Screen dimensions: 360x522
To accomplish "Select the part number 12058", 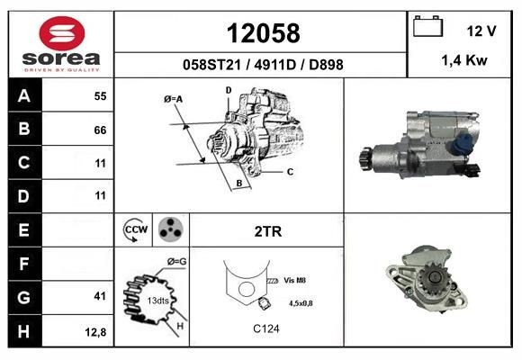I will [262, 33].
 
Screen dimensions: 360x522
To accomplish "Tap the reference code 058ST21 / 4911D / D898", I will [262, 65].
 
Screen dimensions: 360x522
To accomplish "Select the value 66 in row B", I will [100, 130].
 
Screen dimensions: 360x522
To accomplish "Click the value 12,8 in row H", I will [96, 332].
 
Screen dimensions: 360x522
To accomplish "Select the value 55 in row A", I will [100, 95].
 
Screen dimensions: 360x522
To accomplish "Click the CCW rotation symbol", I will [135, 229].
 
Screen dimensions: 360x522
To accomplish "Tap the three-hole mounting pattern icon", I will [168, 229].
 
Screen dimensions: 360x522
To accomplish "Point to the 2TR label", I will [268, 231].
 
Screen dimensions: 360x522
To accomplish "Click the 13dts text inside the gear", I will [158, 300].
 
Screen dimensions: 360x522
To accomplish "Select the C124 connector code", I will [265, 329].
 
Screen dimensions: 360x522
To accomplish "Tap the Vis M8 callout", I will [294, 281].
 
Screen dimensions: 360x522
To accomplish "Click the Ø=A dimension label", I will [174, 98].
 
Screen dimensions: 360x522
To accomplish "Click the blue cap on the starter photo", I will [465, 139].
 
